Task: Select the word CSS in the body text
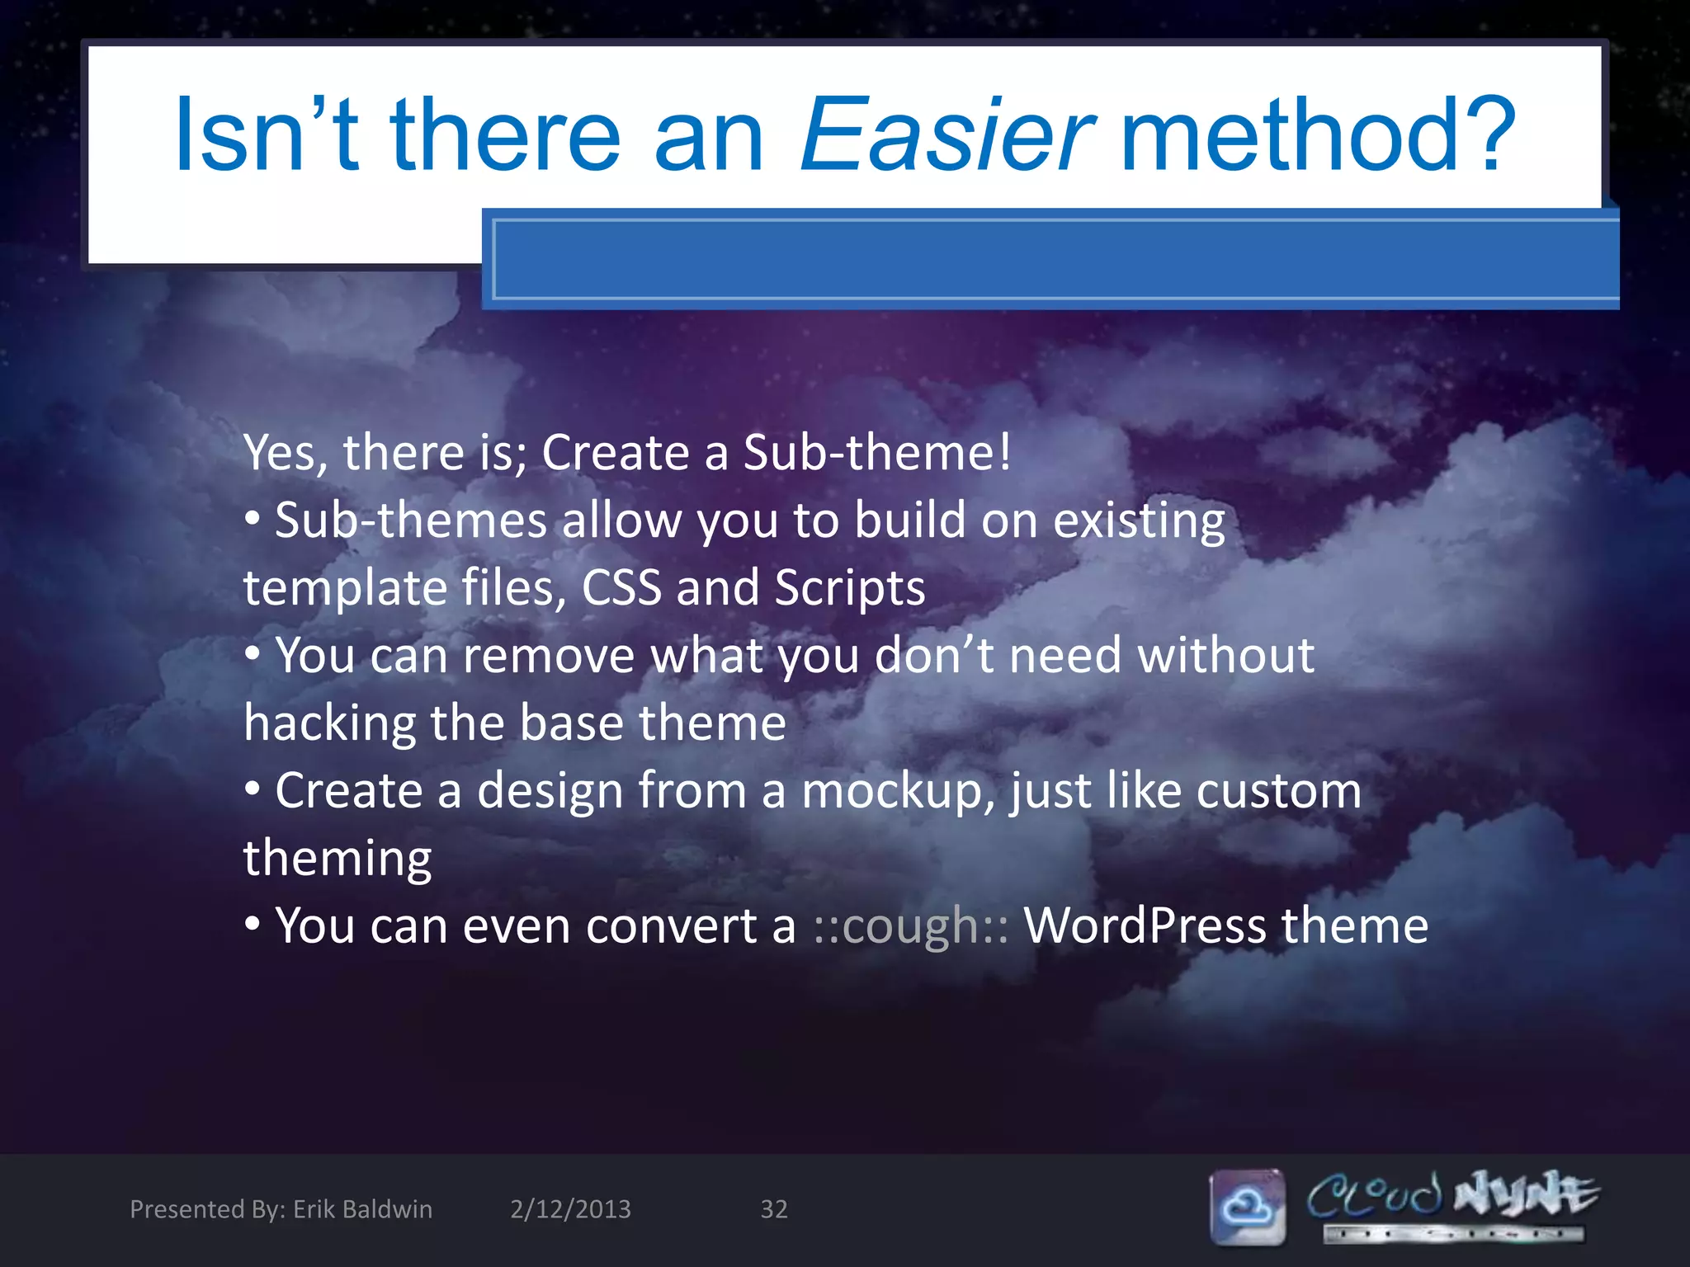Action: tap(621, 587)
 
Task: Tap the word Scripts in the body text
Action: tap(849, 587)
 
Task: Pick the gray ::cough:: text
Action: tap(910, 926)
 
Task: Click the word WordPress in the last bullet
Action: tap(1145, 926)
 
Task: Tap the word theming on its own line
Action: tap(337, 858)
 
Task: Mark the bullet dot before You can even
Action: tap(253, 925)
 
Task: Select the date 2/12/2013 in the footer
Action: tap(570, 1209)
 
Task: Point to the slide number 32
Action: tap(773, 1209)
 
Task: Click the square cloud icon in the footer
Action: tap(1247, 1207)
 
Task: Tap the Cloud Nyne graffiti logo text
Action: tap(1452, 1196)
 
